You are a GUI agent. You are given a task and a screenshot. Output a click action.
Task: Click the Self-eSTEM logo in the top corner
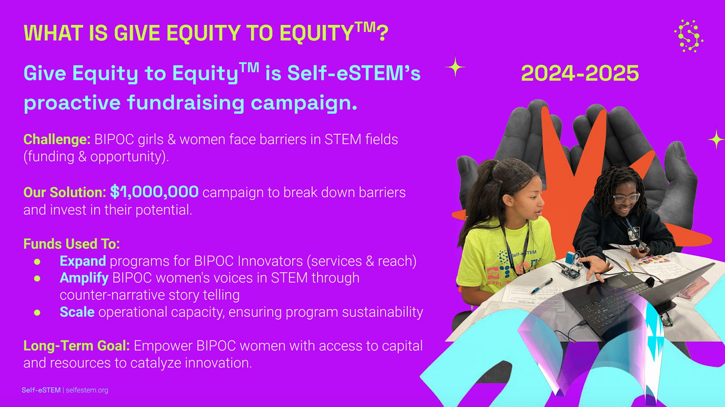(689, 36)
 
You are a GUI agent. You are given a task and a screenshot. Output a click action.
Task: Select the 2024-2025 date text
(580, 73)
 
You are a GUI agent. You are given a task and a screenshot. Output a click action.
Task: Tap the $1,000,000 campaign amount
(155, 191)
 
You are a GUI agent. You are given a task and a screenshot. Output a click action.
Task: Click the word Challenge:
(57, 139)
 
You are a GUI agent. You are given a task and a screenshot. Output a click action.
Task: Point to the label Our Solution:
(65, 192)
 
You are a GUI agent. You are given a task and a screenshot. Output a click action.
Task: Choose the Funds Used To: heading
(72, 244)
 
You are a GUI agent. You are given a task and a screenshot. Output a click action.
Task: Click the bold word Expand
(83, 261)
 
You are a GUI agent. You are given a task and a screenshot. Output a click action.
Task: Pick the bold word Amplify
(84, 278)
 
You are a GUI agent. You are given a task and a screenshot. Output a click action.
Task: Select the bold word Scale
(77, 312)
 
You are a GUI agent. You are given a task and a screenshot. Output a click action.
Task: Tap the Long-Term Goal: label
(77, 346)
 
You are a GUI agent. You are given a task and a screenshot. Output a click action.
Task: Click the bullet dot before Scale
(37, 312)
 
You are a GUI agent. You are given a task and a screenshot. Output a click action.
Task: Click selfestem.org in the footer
(87, 390)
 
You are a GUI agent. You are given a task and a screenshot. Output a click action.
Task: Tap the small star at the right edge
(715, 140)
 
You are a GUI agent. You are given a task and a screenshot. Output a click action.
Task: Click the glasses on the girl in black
(626, 198)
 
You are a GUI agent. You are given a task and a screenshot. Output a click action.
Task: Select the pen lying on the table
(541, 286)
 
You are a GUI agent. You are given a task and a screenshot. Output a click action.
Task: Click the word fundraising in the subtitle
(186, 103)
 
